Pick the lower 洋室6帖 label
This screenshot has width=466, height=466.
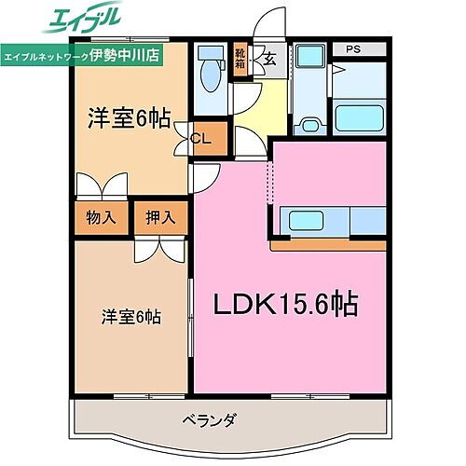click(130, 317)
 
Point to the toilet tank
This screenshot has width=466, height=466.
click(208, 54)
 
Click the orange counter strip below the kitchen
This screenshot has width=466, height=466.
click(328, 244)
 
